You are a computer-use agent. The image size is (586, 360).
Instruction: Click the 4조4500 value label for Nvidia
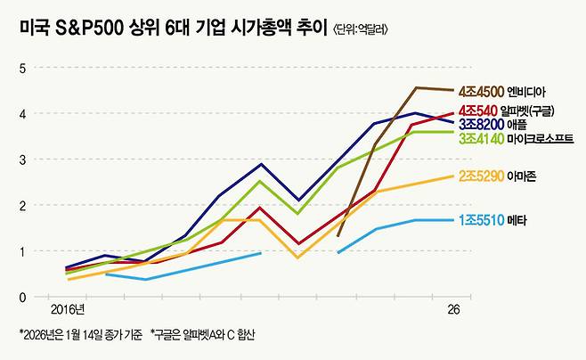pos(481,91)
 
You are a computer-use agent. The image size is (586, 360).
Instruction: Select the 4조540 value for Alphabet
pos(479,111)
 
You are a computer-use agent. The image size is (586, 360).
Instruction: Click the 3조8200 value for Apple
pos(481,125)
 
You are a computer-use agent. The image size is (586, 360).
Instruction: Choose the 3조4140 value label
pos(481,139)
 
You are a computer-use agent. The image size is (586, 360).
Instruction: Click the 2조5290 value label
pos(481,176)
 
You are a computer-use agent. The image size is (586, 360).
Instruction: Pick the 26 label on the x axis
pos(454,309)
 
